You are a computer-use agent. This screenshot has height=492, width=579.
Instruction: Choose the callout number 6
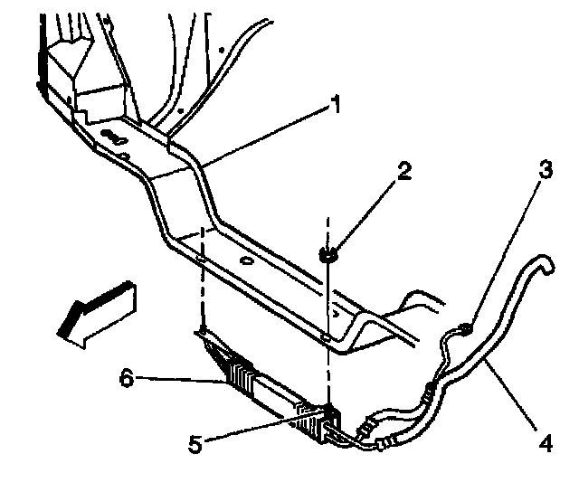click(x=127, y=377)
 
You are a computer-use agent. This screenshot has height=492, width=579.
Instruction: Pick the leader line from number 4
click(x=512, y=399)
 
